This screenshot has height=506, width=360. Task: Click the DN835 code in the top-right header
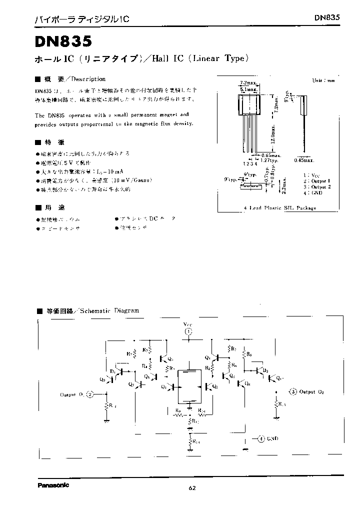point(327,17)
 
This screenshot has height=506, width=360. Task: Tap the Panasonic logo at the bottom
point(53,484)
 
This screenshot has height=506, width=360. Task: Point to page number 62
point(192,488)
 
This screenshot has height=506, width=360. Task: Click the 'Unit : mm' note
point(322,80)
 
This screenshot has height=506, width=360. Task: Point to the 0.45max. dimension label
point(303,160)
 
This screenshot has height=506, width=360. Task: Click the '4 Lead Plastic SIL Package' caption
point(279,208)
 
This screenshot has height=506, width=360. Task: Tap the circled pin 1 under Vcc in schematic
point(188,331)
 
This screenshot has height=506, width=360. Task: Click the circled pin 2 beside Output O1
point(89,394)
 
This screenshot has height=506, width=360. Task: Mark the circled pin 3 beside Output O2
point(293,391)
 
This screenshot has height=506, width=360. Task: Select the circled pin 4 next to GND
point(261,438)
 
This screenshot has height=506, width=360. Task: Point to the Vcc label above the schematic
point(188,323)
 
